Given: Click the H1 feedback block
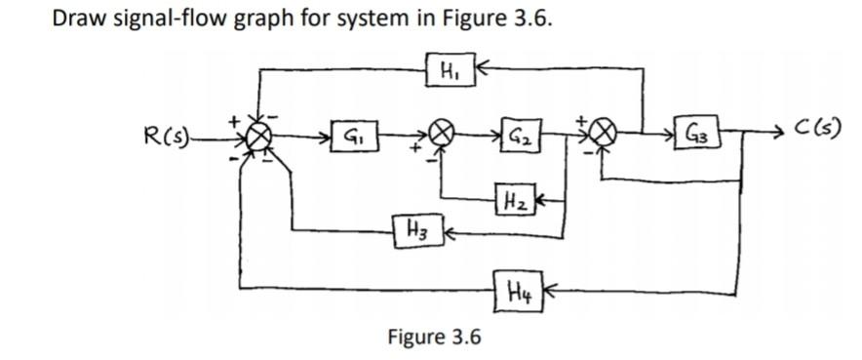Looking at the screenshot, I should point(450,70).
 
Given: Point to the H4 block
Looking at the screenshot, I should point(518,288).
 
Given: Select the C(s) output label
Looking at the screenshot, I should point(817,128).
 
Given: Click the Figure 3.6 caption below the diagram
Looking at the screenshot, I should point(434,338).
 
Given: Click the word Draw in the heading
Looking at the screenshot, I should point(76,19).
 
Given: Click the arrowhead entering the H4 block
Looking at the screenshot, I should point(543,289).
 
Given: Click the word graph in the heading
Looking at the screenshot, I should point(252,20).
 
